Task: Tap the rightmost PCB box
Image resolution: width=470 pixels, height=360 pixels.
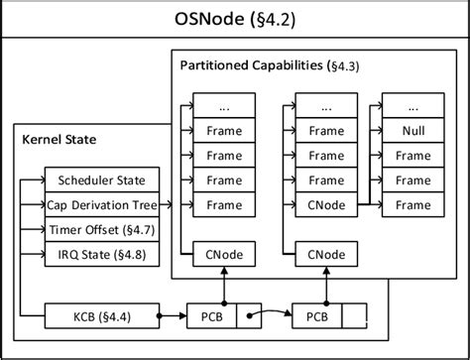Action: (316, 317)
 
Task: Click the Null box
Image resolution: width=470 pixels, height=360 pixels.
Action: (412, 130)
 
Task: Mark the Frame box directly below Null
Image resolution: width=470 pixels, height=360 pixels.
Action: (412, 155)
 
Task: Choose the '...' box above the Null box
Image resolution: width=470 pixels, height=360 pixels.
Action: (412, 105)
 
